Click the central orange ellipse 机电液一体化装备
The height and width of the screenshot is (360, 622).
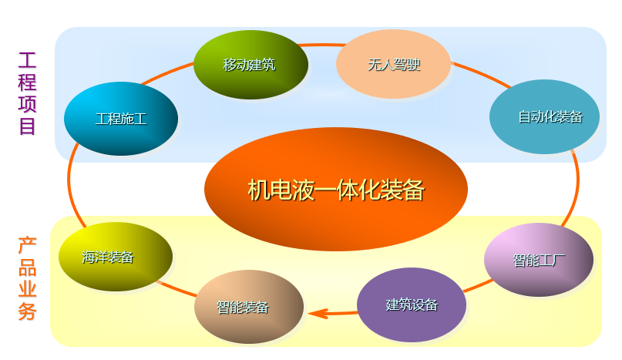click(336, 189)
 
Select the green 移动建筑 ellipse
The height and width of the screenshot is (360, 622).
click(250, 65)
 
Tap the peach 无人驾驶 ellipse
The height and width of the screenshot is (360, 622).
click(393, 64)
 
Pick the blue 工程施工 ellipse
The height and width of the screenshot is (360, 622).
click(121, 119)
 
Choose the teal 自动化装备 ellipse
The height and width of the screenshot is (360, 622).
click(545, 116)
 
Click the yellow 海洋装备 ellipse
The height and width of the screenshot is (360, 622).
click(116, 257)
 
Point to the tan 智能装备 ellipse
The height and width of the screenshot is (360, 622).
click(249, 306)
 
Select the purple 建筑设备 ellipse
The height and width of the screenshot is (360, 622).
click(412, 304)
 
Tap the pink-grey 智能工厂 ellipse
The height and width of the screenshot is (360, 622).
click(539, 260)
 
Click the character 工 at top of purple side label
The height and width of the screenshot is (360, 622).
click(28, 60)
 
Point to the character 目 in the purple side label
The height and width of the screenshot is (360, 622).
click(28, 126)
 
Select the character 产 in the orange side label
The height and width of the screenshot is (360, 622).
click(27, 247)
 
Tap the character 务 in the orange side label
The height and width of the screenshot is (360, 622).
click(27, 312)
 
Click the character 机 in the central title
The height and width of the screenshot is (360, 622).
click(258, 190)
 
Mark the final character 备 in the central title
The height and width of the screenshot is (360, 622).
click(413, 190)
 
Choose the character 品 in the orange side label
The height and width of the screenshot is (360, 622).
click(27, 268)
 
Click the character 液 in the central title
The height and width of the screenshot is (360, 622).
click(303, 190)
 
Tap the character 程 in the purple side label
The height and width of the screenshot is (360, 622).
click(28, 82)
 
